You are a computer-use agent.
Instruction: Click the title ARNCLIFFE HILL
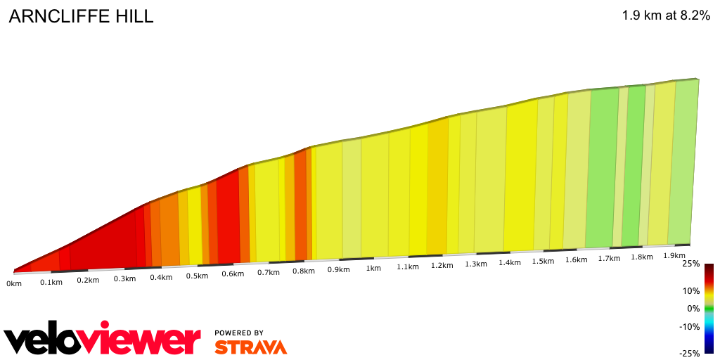click(x=81, y=17)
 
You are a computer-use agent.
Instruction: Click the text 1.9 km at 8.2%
click(x=666, y=15)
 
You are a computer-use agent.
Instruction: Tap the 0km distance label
click(x=14, y=283)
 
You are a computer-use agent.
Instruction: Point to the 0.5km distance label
click(x=197, y=276)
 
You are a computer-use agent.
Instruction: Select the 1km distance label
click(x=373, y=268)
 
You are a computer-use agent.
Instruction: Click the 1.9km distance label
click(x=674, y=255)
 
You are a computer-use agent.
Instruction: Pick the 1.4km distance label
click(x=510, y=262)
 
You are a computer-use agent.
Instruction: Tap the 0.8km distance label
click(x=303, y=271)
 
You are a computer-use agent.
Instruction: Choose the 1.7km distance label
click(x=609, y=258)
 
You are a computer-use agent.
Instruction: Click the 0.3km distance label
click(x=124, y=278)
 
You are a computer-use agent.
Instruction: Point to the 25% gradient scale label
click(x=690, y=264)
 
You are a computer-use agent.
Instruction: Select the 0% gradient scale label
click(x=693, y=308)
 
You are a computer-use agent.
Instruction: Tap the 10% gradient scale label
click(x=692, y=290)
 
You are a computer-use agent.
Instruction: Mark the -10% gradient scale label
click(x=690, y=326)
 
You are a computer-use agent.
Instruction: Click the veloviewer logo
click(x=102, y=340)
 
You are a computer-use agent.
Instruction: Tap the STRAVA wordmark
click(x=250, y=347)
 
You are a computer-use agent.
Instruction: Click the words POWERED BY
click(x=239, y=333)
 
